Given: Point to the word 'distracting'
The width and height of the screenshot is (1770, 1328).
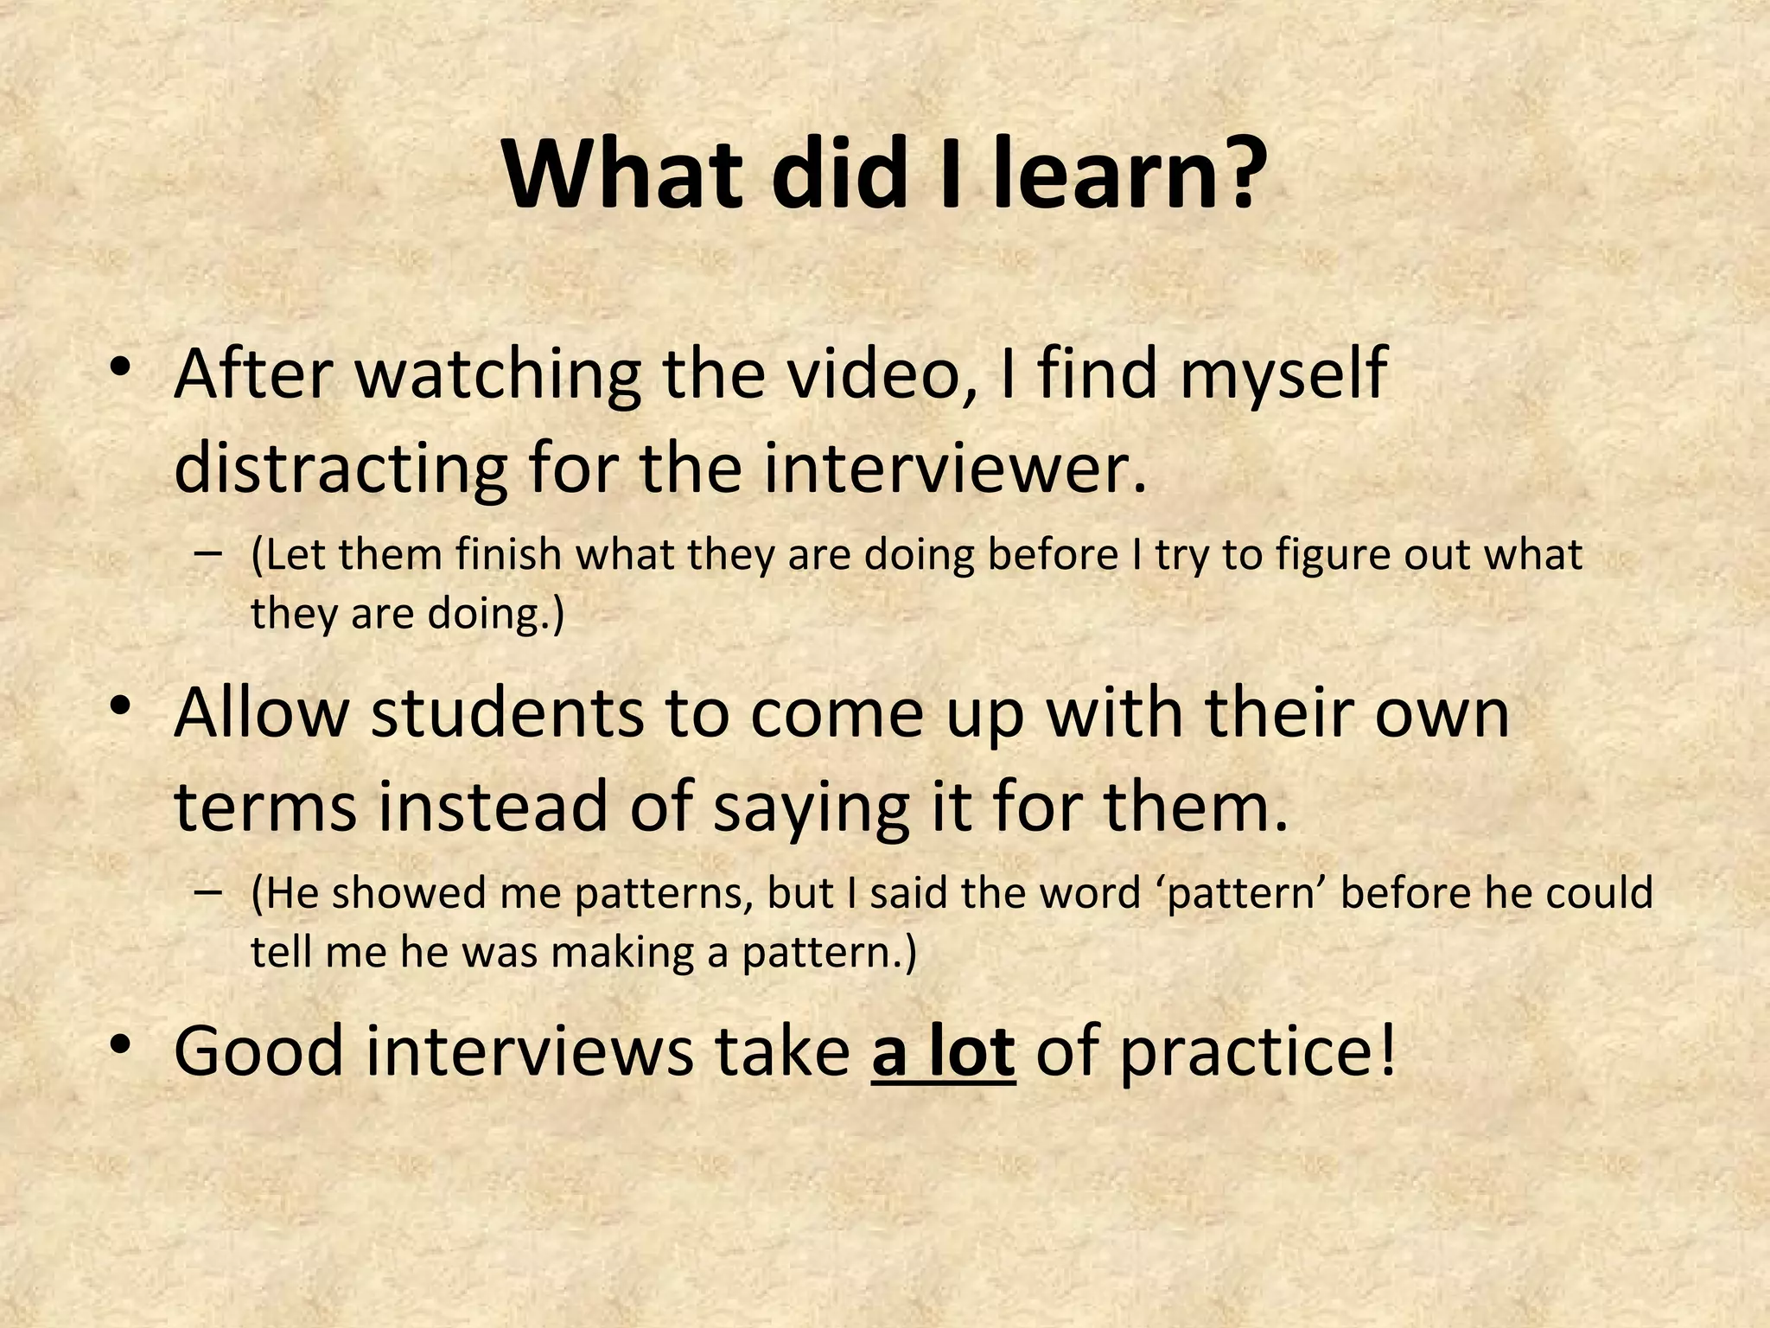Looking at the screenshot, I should point(341,469).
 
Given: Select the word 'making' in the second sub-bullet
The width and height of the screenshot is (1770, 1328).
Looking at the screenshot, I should point(622,953).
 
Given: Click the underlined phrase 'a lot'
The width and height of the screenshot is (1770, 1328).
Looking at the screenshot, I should point(943,1051).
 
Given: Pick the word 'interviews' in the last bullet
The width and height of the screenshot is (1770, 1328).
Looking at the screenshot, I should point(528,1051).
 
